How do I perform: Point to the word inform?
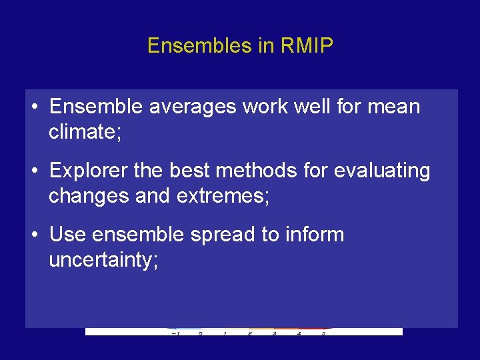[x=318, y=235]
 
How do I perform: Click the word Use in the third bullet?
[x=67, y=235]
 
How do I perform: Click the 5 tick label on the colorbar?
[x=323, y=332]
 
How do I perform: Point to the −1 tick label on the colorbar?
[x=175, y=332]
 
